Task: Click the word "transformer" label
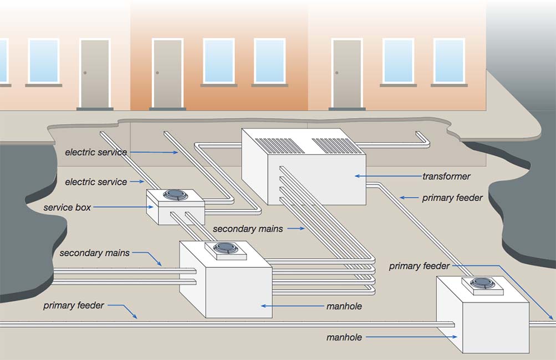pos(446,177)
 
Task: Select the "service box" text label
pos(67,208)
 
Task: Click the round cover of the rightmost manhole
pos(482,283)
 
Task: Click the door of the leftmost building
pos(94,74)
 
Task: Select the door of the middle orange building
pos(167,74)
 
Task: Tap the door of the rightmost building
pos(347,74)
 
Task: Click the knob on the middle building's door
pos(157,73)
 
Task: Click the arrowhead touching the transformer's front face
pos(358,176)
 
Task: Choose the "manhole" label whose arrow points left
pos(344,306)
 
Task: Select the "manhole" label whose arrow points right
pos(344,337)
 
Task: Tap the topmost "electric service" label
pos(96,152)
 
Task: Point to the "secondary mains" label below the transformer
pos(248,229)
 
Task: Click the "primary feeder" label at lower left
pos(74,306)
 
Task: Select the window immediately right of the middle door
pos(218,61)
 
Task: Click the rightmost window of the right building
pos(449,61)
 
